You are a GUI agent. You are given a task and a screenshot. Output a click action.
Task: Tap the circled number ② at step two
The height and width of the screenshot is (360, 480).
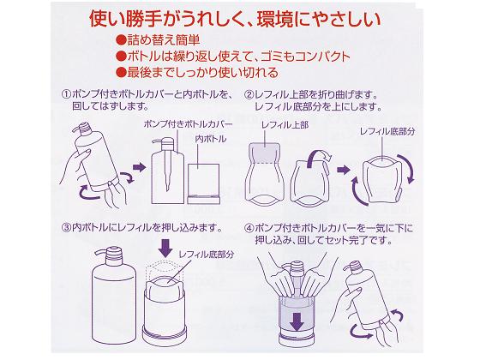[249, 94]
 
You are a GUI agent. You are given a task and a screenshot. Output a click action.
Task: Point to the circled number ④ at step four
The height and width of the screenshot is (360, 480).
[249, 228]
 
